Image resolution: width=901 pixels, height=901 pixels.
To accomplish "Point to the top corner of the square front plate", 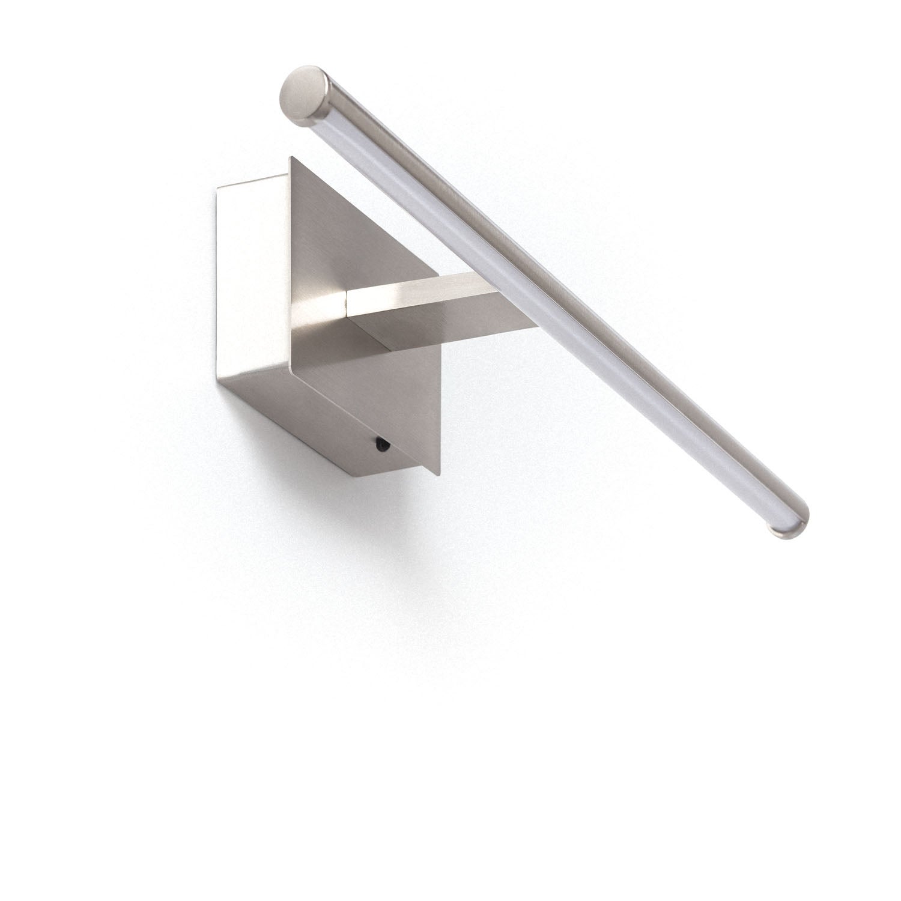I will (291, 157).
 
